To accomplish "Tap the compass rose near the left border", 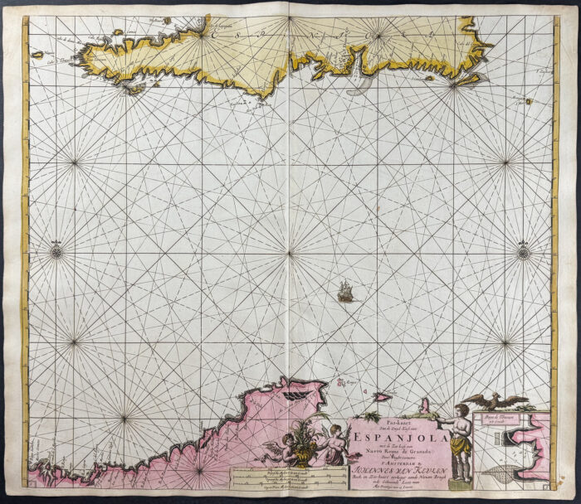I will (x=56, y=248).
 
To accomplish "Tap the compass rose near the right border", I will (x=524, y=248).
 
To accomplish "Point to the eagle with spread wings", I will (x=496, y=403).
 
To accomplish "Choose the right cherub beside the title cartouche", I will (x=334, y=442).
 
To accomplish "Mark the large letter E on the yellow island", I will (x=215, y=34).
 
